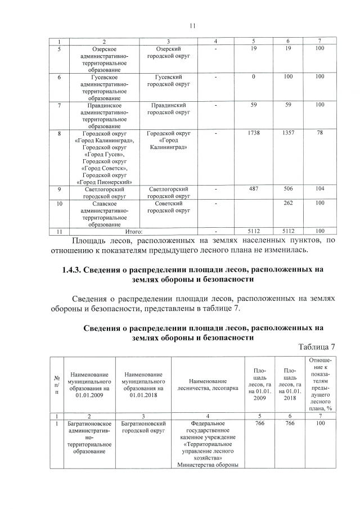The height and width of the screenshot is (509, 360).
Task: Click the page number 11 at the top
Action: (192, 26)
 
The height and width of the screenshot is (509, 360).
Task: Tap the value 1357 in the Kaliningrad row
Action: (288, 133)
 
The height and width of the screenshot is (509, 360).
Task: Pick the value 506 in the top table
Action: (288, 190)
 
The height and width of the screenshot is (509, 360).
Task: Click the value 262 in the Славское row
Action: (288, 203)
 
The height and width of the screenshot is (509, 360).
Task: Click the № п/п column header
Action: (56, 385)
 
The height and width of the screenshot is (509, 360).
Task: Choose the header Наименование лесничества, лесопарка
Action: (208, 385)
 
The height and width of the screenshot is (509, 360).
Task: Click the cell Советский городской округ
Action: (168, 206)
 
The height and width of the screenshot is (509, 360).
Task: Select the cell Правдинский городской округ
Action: (168, 109)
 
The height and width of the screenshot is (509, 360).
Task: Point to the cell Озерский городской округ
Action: (168, 53)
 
